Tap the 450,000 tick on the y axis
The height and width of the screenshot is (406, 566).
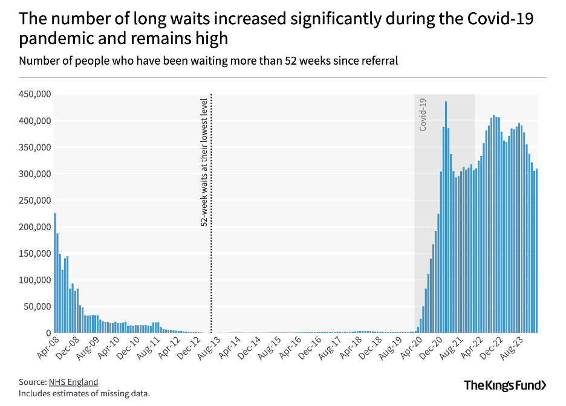[36, 95]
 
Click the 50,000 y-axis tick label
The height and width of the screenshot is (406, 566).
[38, 307]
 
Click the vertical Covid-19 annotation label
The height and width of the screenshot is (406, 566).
[423, 114]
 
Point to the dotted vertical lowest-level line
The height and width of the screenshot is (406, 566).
[211, 272]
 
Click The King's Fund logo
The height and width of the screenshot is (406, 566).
[505, 385]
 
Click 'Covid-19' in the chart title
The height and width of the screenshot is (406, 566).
[501, 19]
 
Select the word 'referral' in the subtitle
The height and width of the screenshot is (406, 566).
[378, 61]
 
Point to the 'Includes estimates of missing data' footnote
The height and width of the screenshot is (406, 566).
[84, 393]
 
